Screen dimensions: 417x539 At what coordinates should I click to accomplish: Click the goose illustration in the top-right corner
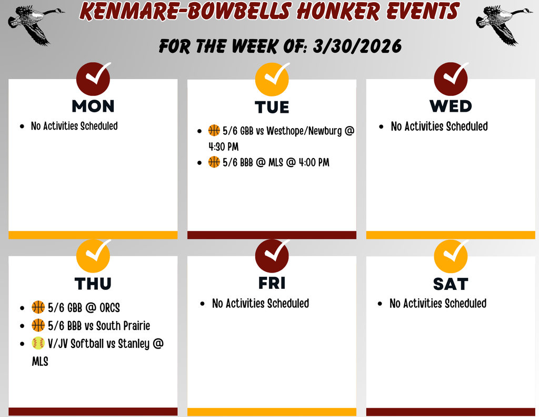502,23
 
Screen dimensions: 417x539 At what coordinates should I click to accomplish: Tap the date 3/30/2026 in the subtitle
357,47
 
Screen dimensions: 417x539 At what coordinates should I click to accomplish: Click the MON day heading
93,106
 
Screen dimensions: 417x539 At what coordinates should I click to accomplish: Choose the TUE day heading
272,108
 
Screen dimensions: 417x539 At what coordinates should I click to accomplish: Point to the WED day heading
451,106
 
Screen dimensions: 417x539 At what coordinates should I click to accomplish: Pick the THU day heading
93,284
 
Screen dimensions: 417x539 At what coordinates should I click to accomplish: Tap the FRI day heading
272,283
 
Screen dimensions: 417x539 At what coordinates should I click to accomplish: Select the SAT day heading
451,284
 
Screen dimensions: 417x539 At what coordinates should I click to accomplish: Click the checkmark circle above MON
93,78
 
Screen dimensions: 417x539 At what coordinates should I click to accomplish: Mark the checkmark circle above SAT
451,255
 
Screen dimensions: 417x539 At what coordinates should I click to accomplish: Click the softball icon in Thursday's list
38,344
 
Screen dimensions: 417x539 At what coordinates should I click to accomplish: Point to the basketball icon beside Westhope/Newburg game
214,130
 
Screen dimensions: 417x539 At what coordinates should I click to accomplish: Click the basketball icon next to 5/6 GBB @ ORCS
38,307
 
